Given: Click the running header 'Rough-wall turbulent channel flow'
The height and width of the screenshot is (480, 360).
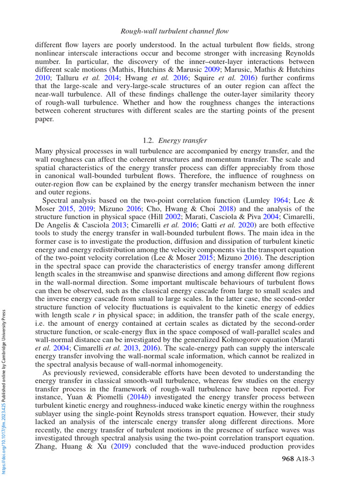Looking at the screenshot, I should (175, 31).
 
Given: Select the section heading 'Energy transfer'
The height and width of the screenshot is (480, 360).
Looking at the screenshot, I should (183, 140).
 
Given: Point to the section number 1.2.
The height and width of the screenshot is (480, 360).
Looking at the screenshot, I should (148, 140).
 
